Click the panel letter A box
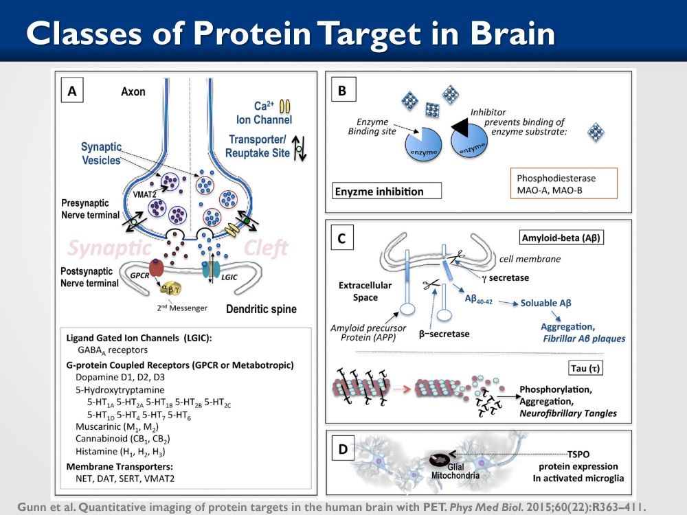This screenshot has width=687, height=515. click(x=72, y=90)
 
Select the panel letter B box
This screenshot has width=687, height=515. click(x=343, y=89)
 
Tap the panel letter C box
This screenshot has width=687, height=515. click(x=341, y=238)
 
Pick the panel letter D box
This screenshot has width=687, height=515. click(x=343, y=448)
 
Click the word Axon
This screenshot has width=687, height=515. click(x=133, y=91)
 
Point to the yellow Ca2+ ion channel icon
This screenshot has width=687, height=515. click(x=285, y=106)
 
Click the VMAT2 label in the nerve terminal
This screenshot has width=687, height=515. click(x=145, y=194)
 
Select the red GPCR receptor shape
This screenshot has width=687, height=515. click(x=157, y=268)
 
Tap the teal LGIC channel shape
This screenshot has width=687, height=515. click(x=211, y=270)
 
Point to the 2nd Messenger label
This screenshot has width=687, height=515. click(x=182, y=308)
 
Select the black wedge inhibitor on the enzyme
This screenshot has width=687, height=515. click(x=461, y=126)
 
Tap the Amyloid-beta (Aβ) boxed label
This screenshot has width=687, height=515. click(x=561, y=238)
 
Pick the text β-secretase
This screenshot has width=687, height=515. click(x=444, y=334)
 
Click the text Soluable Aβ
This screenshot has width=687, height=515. click(x=545, y=303)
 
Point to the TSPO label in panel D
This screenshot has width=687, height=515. click(x=578, y=454)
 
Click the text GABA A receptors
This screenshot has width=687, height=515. click(x=113, y=350)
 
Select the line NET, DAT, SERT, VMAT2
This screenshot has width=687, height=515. click(x=125, y=479)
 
